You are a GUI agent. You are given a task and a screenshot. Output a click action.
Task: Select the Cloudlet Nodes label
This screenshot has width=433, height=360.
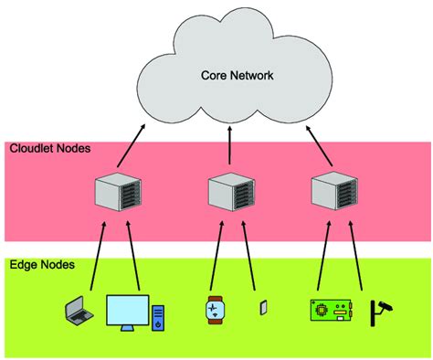pos(50,148)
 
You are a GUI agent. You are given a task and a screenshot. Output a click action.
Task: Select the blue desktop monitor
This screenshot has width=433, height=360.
pos(127,312)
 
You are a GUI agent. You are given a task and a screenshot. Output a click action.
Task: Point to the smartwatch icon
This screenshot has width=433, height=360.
pos(213,312)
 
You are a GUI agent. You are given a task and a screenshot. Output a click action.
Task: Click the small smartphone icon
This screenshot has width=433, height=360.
pos(261,308)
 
